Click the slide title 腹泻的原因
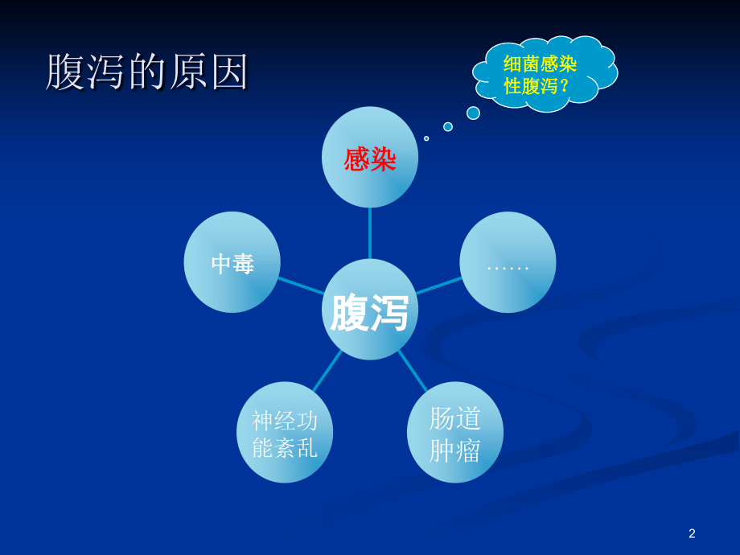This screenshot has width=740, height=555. coord(147,72)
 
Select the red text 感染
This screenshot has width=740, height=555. coord(370,159)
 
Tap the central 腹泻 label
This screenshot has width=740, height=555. coord(370,312)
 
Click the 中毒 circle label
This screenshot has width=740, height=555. coord(232,264)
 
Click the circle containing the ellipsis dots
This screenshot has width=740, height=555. coord(508,262)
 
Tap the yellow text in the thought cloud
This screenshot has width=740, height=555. coord(540,75)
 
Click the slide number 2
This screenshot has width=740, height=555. coord(692,533)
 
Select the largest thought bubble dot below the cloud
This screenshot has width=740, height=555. coord(473,113)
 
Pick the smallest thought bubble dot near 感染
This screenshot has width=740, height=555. coord(426,138)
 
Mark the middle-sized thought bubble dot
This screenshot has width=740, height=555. coord(448,126)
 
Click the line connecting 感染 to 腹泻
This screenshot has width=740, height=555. coord(370,233)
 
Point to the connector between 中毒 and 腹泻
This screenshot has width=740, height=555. coord(302,286)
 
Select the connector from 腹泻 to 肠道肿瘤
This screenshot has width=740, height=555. coord(413,371)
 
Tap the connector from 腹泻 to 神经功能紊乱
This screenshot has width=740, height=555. coord(327,371)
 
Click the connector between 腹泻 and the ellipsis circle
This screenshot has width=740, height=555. coord(439,285)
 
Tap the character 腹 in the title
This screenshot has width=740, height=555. coord(64,72)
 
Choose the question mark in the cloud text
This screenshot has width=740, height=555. coord(565,86)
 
